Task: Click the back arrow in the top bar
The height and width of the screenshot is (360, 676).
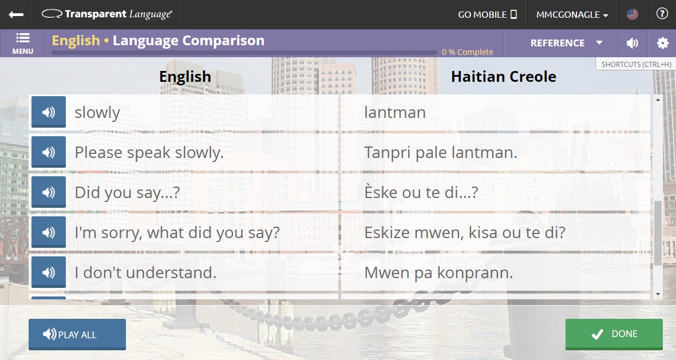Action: (x=16, y=14)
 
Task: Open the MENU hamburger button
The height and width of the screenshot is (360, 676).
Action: (x=23, y=43)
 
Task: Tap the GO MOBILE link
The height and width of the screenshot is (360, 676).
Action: (x=487, y=14)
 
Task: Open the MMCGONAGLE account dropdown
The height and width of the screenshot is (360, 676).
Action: (x=572, y=14)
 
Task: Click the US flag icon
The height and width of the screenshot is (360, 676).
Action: (x=632, y=14)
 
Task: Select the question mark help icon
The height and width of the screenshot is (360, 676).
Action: (x=662, y=14)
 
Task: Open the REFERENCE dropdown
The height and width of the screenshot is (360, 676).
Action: (x=566, y=43)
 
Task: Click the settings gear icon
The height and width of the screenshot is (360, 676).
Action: (x=662, y=43)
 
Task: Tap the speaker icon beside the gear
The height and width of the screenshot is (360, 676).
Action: (x=632, y=43)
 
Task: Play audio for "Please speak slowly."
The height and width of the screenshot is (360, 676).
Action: (x=49, y=152)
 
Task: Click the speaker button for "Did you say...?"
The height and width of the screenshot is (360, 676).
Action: (x=49, y=192)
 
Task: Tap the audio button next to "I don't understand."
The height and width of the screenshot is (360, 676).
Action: (x=49, y=272)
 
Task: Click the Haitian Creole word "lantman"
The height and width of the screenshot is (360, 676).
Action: (x=395, y=112)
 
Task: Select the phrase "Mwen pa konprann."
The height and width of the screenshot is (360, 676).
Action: (x=438, y=272)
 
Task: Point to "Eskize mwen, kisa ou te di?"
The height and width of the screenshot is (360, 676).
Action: (x=465, y=232)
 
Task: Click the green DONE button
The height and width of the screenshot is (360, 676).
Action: (x=614, y=334)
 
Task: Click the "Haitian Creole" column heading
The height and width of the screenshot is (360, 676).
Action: (x=503, y=77)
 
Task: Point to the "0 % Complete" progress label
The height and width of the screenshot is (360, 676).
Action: (x=467, y=52)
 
